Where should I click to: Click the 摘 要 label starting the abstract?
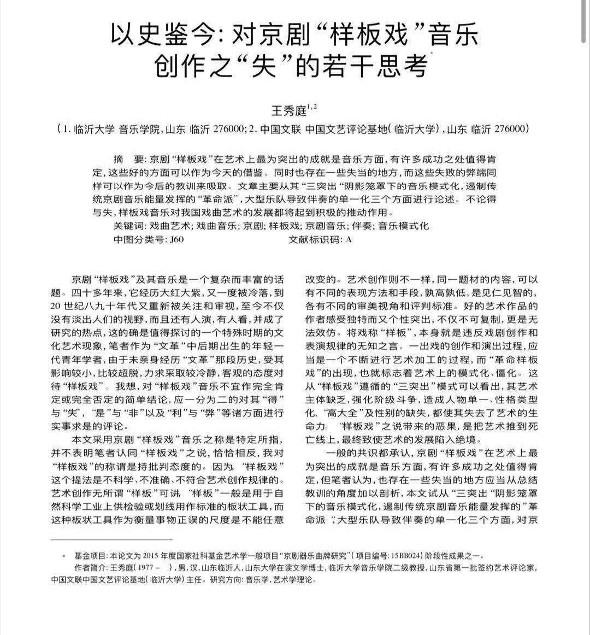pyautogui.click(x=129, y=159)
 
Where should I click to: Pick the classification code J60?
pyautogui.click(x=177, y=239)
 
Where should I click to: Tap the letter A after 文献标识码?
pyautogui.click(x=349, y=239)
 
